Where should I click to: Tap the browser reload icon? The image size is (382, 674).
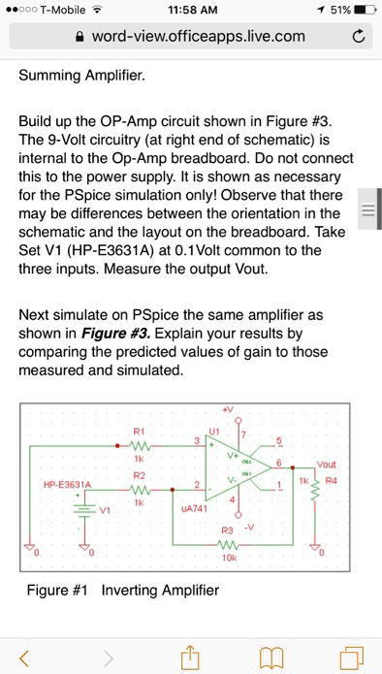[x=358, y=38]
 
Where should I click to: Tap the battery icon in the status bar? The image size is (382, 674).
[x=365, y=10]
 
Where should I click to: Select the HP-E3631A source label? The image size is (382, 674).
[x=66, y=484]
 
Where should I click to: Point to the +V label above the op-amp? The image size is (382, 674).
[x=228, y=408]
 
